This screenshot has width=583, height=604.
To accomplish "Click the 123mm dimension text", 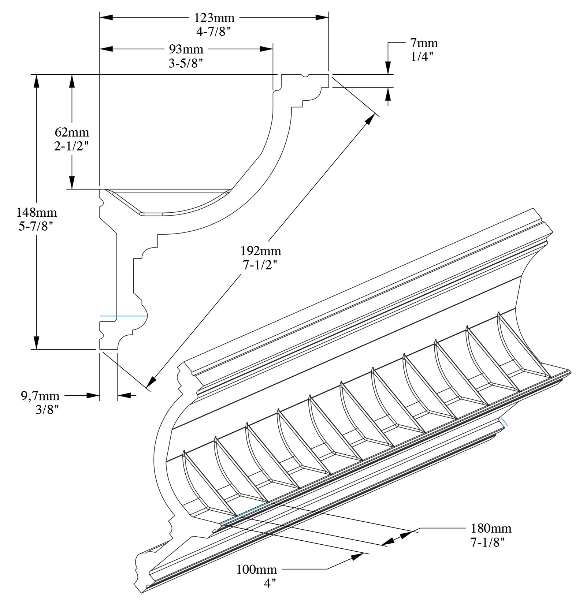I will click(x=214, y=17).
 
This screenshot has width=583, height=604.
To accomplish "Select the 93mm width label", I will click(x=186, y=49).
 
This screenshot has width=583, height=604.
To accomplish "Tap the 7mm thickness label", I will click(x=424, y=43).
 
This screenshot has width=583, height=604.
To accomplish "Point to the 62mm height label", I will click(x=72, y=132).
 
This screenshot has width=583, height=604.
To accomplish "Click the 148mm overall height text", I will click(x=37, y=212).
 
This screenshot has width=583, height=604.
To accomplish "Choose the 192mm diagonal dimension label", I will click(x=261, y=251).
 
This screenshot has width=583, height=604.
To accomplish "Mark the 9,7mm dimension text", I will click(x=40, y=396).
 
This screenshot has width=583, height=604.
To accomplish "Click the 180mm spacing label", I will click(x=491, y=528).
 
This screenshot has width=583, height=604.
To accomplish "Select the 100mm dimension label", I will click(x=256, y=570).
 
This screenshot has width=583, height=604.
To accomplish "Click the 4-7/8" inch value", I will click(x=214, y=32).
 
